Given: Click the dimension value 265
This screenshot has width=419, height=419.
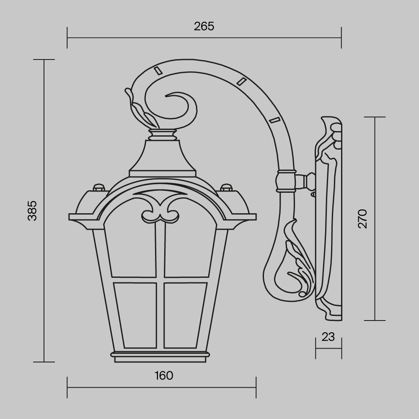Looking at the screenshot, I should (204, 26).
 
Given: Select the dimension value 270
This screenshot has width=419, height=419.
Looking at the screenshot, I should (363, 218).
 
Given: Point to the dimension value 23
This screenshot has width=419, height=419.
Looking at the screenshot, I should (329, 336).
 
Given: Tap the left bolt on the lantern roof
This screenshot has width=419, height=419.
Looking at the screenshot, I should (98, 187).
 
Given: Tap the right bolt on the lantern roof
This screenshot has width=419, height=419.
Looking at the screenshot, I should (226, 187).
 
